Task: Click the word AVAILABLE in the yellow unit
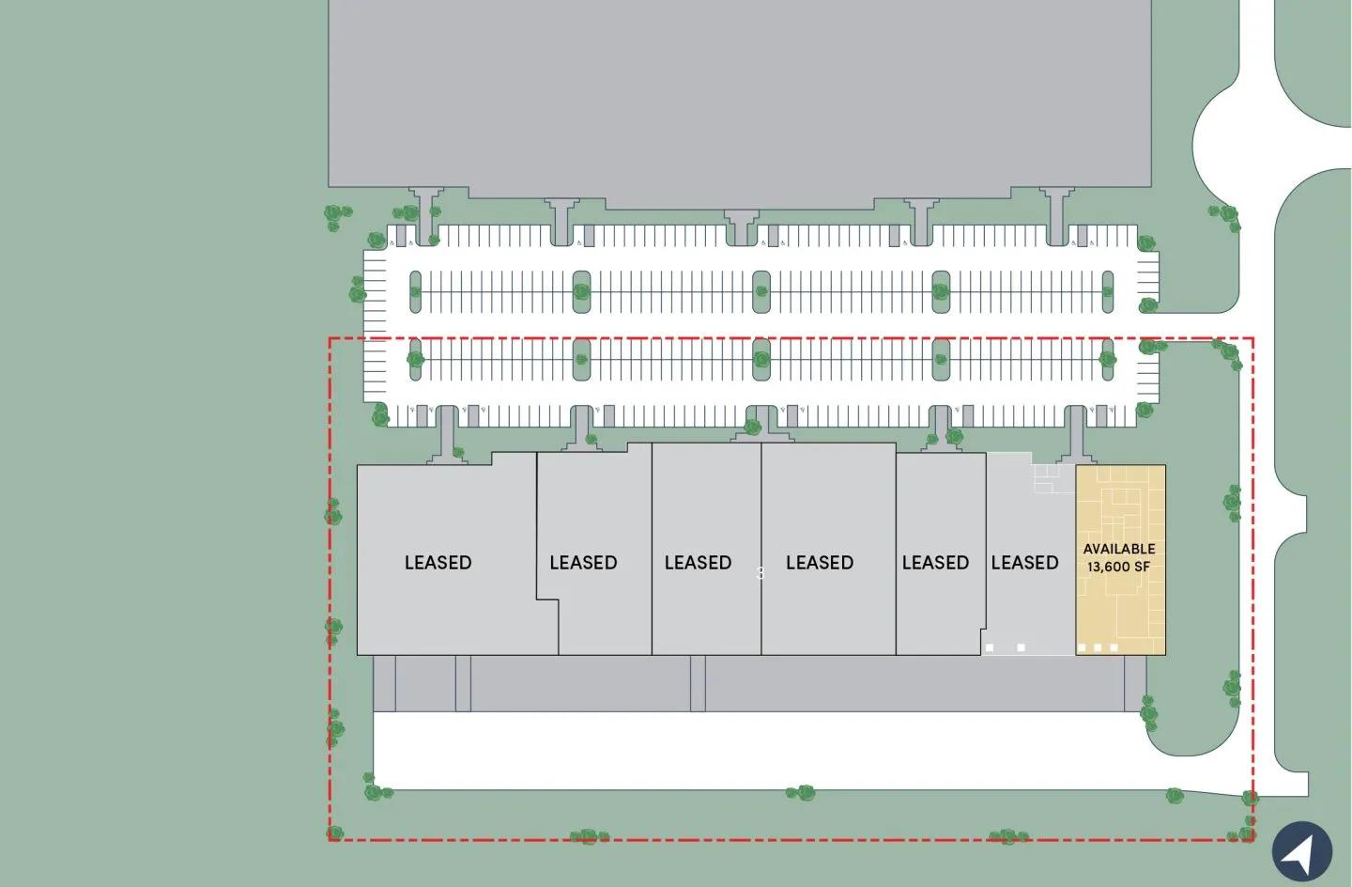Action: tap(1119, 549)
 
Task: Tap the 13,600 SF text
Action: tap(1119, 567)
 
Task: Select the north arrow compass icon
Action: tap(1301, 852)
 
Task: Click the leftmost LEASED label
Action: tap(438, 563)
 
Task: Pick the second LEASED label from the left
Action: tap(583, 563)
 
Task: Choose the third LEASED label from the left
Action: tap(698, 563)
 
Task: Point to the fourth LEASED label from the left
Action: tap(820, 563)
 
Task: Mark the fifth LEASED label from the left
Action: tap(935, 563)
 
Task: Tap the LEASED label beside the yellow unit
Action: tap(1024, 563)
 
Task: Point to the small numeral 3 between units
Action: tap(760, 572)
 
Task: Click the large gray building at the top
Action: tap(740, 94)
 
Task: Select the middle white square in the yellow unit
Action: tap(1098, 647)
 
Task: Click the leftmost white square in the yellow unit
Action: tap(1082, 647)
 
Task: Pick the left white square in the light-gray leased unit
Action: tap(989, 647)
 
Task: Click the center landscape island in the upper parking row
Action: tap(760, 292)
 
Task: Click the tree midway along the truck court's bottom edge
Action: tap(801, 793)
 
